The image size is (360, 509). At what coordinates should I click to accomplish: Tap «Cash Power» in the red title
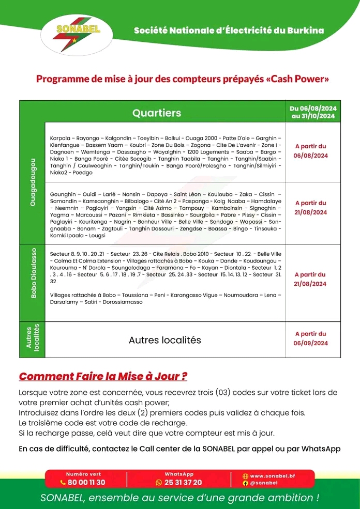coord(293,79)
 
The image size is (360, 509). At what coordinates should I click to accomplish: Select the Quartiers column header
coord(157,113)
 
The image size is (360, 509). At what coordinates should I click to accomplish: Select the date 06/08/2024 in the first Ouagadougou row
coord(311,156)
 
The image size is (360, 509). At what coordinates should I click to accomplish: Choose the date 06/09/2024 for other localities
coord(311,343)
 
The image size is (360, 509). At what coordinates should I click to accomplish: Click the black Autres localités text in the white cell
coord(164,340)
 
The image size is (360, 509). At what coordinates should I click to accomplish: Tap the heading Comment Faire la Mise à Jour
coord(103,376)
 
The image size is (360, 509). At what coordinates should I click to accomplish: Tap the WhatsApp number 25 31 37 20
coord(183,482)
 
